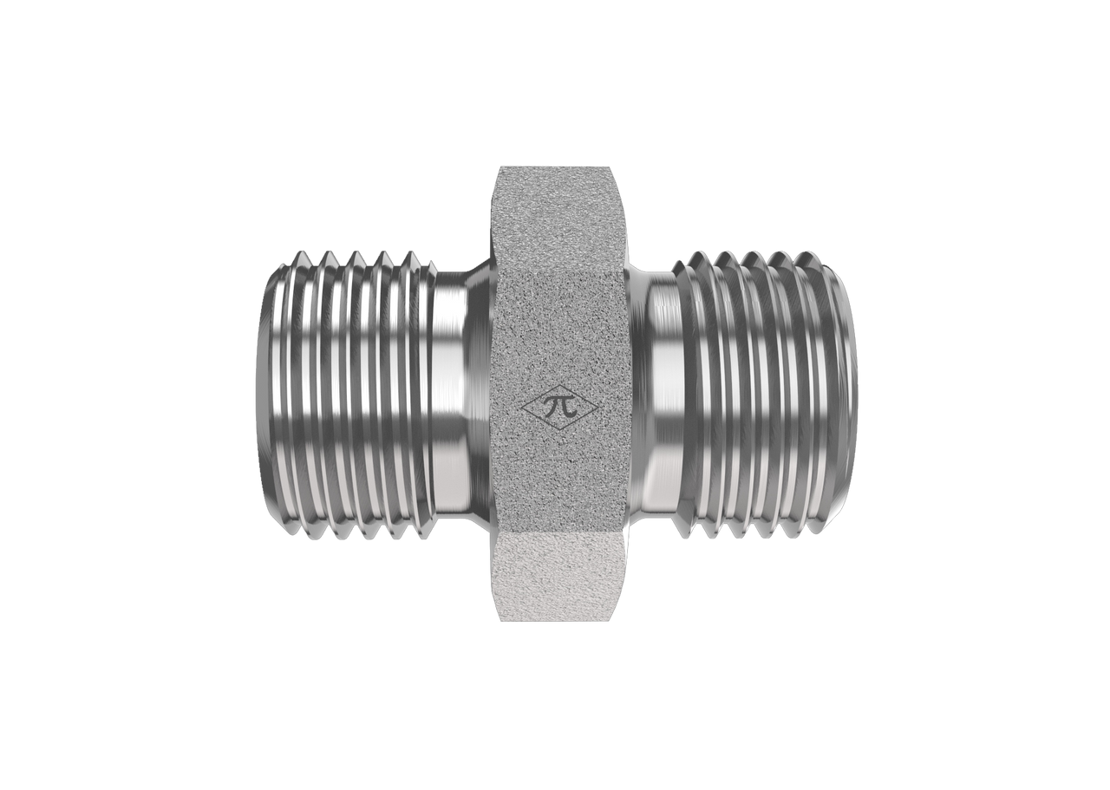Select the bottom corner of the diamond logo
[560, 430]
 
